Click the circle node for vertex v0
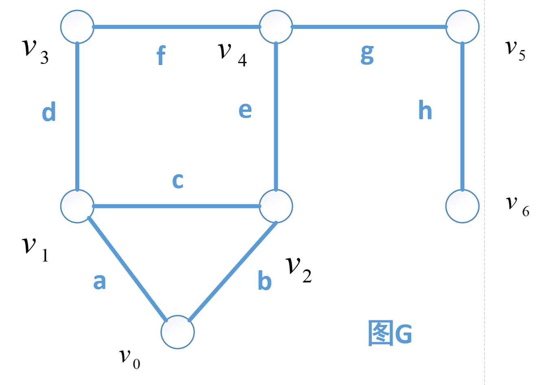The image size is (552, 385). click(x=178, y=332)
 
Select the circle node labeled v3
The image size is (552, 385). click(x=77, y=27)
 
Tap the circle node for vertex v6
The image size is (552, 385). click(x=462, y=206)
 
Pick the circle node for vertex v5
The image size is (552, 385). click(x=462, y=27)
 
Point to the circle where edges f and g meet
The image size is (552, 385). click(x=276, y=27)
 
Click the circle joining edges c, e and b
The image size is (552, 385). click(x=276, y=206)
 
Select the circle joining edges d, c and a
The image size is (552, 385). click(x=77, y=206)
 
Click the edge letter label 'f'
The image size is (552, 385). click(x=161, y=56)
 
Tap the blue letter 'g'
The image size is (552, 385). click(x=367, y=55)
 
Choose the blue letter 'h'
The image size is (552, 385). click(x=425, y=110)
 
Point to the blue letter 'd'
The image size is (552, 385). click(x=49, y=112)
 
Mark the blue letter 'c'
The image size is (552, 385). click(x=178, y=181)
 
